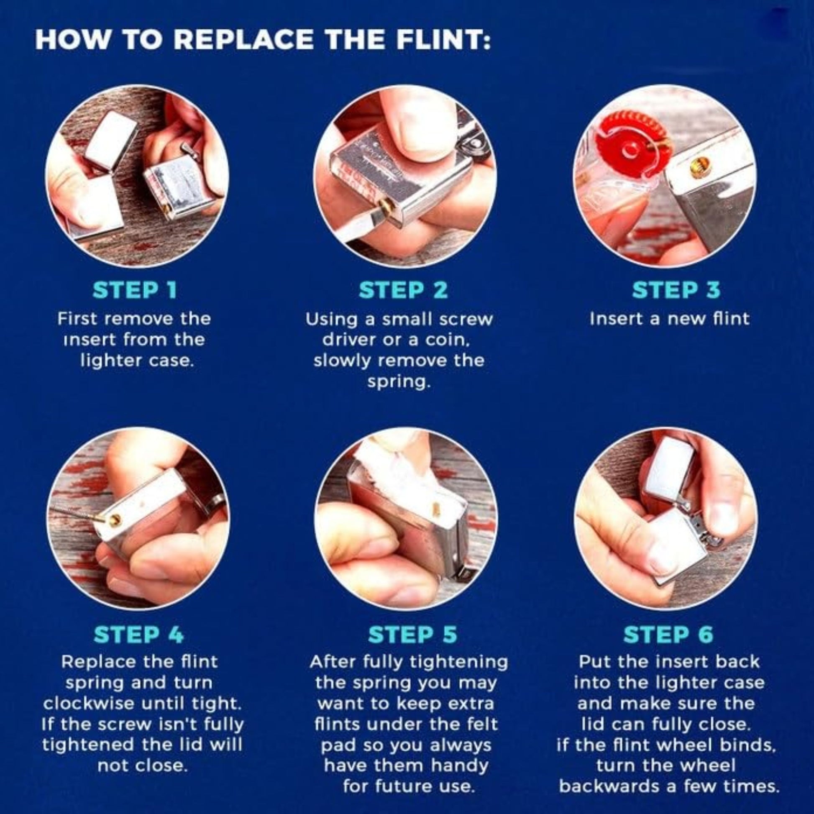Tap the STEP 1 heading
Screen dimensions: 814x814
[x=135, y=291]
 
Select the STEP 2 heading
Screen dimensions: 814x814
[x=404, y=291]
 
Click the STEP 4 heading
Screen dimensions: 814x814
[x=139, y=635]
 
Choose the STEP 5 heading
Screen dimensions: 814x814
[x=412, y=635]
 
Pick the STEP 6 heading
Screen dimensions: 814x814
[x=668, y=635]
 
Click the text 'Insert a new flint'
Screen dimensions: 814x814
[x=670, y=319]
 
